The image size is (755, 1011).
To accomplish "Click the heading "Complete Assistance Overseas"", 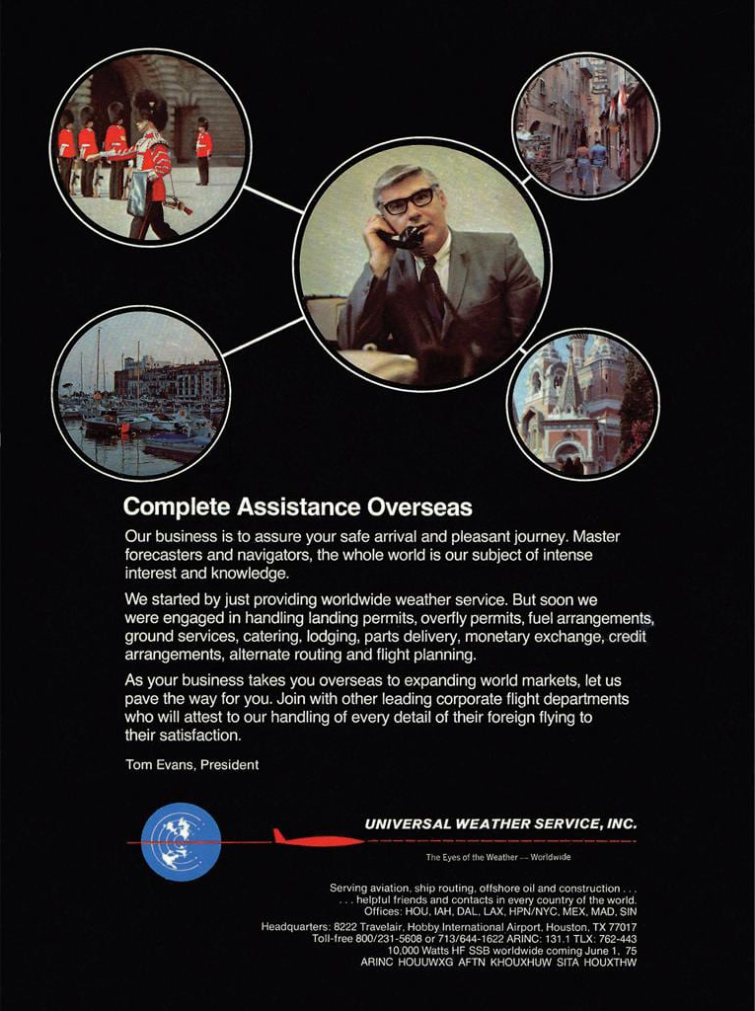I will click(x=297, y=507).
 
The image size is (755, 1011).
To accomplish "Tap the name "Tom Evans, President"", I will click(x=192, y=764).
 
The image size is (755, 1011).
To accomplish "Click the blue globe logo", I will click(x=181, y=841).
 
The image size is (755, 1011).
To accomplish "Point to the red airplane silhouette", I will click(x=318, y=840).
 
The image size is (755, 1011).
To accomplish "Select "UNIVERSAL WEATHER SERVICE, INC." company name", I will click(x=500, y=823).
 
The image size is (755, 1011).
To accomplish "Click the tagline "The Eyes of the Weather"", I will click(x=473, y=857).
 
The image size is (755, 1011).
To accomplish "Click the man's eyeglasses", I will click(x=409, y=200).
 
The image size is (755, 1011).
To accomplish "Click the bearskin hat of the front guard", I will click(x=151, y=108).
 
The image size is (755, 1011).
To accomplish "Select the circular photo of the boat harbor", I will click(x=141, y=393).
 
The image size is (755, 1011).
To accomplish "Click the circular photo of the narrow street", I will click(x=585, y=126).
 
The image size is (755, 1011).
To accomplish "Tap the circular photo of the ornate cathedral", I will click(x=583, y=404).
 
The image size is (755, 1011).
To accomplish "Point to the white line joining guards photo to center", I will click(x=273, y=200).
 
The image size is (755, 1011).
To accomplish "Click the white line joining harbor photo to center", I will click(x=263, y=336).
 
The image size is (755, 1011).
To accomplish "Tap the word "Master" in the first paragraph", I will click(x=596, y=536).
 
